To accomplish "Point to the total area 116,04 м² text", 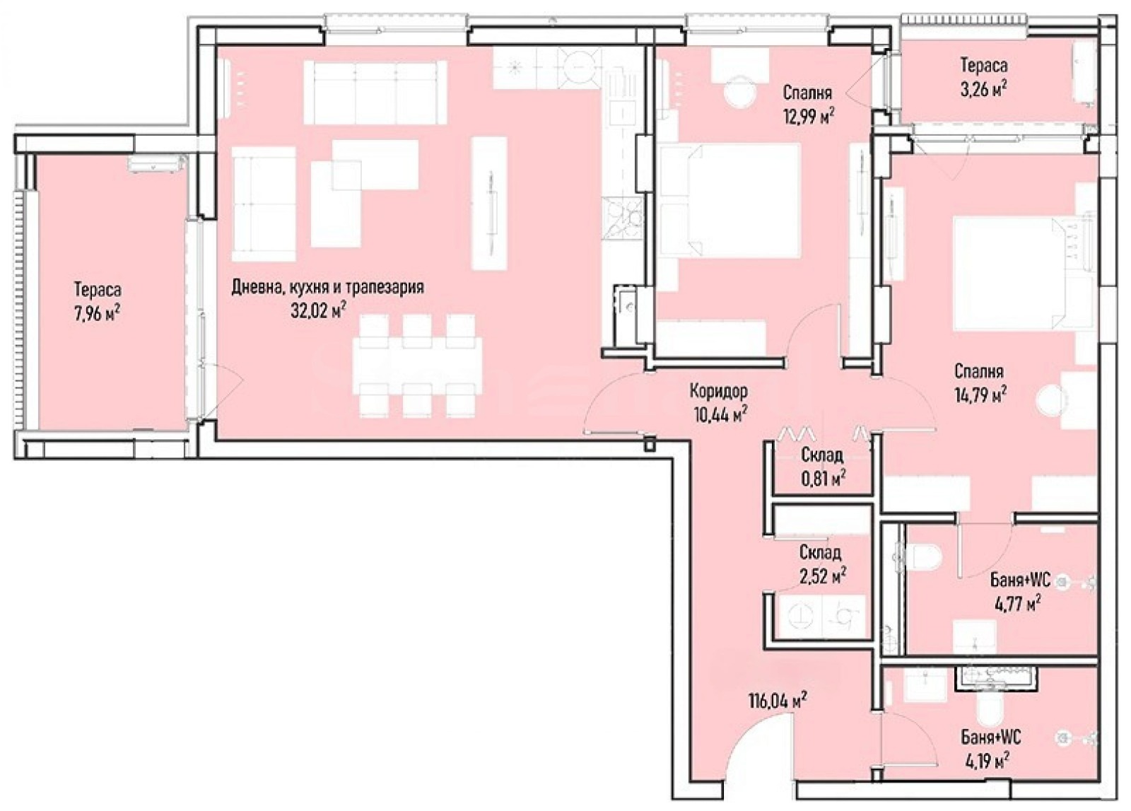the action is point(778,701).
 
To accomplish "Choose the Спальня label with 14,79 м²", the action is point(979,372).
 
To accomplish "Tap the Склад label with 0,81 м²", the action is point(822,455).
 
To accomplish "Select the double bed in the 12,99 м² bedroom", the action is point(729,201).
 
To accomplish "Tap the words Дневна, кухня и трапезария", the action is point(328,287).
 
